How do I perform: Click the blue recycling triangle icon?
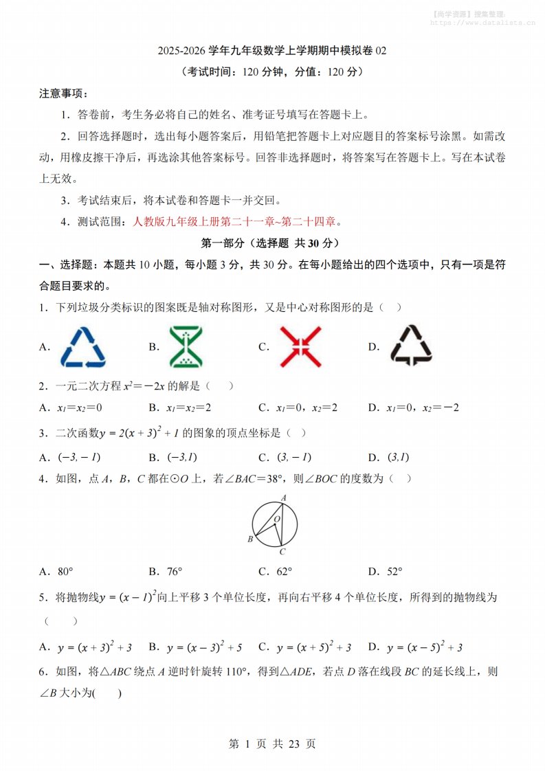83,346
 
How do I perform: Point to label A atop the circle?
283,498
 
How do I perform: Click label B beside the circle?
250,539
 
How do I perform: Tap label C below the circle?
282,551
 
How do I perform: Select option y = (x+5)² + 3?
314,647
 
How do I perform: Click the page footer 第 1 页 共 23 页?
272,744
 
